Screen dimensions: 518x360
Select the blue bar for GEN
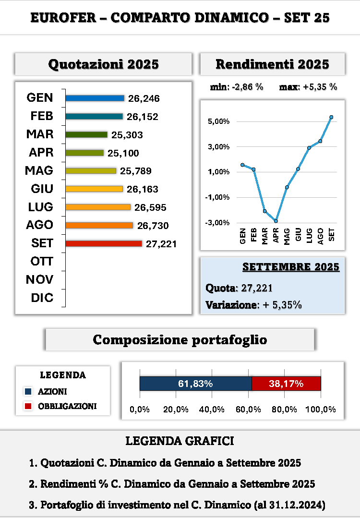95,98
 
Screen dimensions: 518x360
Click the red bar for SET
104,243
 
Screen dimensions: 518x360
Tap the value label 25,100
123,153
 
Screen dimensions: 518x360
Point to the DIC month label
42,298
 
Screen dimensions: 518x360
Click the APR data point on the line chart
276,221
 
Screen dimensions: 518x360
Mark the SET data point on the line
331,117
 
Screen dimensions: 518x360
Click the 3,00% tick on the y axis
218,146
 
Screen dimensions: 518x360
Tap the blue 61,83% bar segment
195,384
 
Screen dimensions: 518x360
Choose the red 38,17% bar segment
286,384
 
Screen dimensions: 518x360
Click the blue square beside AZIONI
28,392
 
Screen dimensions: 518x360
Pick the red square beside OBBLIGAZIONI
28,406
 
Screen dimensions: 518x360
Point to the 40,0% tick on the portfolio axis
212,410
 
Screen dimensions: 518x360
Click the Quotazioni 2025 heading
104,64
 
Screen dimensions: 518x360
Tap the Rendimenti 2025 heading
272,64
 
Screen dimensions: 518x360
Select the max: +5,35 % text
308,87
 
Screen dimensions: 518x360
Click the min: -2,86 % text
237,87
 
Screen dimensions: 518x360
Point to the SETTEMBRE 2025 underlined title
291,267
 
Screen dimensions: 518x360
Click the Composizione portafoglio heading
180,340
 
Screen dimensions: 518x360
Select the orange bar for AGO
99,225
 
